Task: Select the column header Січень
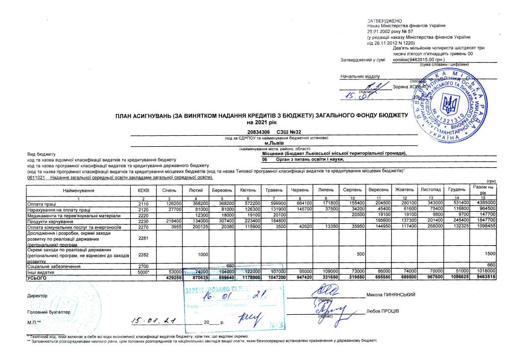(x=169, y=190)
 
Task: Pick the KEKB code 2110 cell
(x=143, y=204)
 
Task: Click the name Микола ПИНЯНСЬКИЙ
(x=390, y=294)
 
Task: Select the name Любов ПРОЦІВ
(x=382, y=311)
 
